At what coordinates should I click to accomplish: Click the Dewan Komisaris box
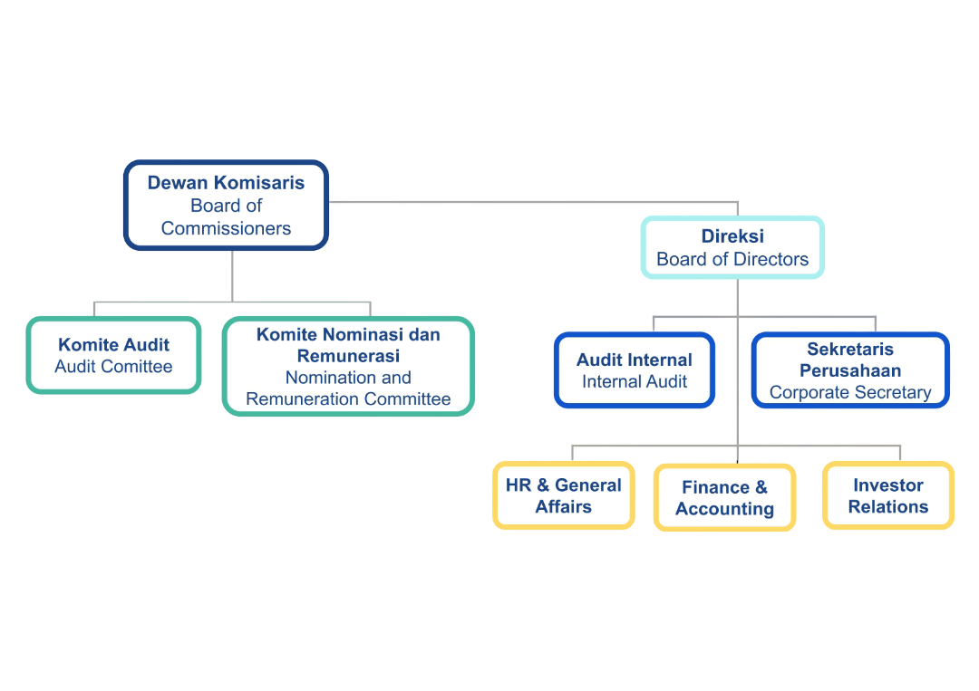click(226, 205)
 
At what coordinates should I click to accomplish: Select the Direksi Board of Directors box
click(732, 247)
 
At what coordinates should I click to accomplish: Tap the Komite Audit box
click(113, 355)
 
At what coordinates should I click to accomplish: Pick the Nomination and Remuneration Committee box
click(348, 366)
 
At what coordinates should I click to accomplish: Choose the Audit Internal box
click(635, 369)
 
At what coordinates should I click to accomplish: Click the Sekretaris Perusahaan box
click(850, 369)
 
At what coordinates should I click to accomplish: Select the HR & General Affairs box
click(563, 495)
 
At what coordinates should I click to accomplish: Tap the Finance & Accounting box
click(724, 497)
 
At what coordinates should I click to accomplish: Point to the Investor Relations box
click(887, 495)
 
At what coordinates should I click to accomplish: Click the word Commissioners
click(226, 228)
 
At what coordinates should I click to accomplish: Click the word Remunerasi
click(348, 356)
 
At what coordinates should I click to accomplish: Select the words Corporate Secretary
click(850, 392)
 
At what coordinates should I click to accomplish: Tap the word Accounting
click(724, 509)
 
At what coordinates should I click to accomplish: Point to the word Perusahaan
click(850, 370)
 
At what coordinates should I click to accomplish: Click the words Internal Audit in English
click(635, 381)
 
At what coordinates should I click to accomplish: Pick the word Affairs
click(563, 507)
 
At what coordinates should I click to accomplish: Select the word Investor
click(887, 485)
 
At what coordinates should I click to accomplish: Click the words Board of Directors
click(732, 259)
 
